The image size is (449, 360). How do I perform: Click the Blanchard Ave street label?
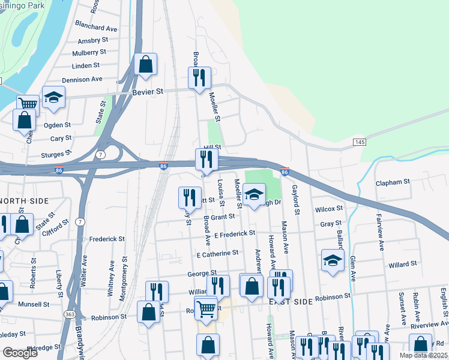coord(96,28)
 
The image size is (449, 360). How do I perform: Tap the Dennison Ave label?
coord(82,79)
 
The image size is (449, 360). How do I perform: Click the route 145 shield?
coord(360,142)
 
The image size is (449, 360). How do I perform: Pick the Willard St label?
coord(402,264)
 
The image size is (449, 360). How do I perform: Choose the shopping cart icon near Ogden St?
coord(27,104)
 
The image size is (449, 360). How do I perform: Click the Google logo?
coord(20,353)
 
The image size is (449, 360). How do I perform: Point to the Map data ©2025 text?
coord(424,355)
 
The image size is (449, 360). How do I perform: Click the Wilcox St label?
coord(328,209)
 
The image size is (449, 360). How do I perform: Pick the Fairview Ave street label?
coord(379,227)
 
